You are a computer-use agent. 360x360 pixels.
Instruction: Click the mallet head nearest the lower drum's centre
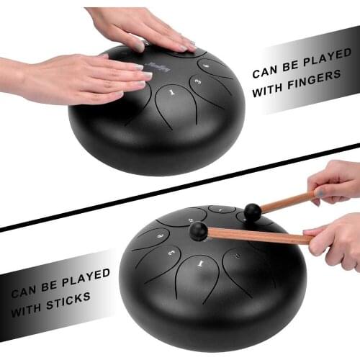tap(199, 230)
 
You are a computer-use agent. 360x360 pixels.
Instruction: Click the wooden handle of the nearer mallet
tap(259, 235)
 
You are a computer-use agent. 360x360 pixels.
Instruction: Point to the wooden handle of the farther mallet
tap(288, 201)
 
